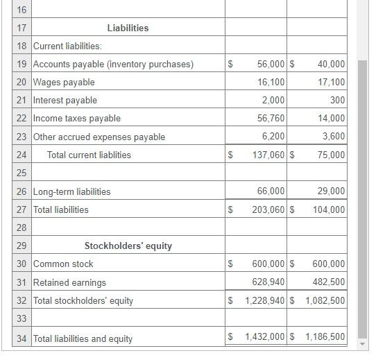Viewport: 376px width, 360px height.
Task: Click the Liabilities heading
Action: coord(128,28)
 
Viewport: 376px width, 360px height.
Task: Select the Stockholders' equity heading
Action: coord(128,246)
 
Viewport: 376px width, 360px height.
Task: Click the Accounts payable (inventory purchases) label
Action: coord(113,64)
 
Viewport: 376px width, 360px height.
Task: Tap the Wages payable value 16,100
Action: coord(271,82)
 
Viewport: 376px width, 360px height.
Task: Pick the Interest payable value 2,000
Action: coord(273,100)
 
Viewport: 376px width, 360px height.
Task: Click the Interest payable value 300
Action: coord(338,100)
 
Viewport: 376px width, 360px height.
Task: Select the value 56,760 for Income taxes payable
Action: coord(271,118)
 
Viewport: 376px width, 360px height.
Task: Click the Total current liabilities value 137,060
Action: coord(268,155)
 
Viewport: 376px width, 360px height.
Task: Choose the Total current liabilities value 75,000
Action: coord(331,155)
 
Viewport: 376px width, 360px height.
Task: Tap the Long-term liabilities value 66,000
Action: coord(271,191)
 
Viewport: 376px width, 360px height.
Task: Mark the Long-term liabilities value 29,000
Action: coord(331,191)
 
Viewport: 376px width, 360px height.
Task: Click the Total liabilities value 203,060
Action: coord(268,209)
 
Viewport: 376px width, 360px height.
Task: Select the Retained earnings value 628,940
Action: coord(268,282)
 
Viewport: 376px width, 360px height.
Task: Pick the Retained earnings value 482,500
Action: coord(329,282)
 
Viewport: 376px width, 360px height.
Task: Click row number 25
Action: coord(21,173)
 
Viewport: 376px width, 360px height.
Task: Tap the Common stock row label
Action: coord(63,264)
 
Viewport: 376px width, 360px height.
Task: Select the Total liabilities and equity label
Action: coord(83,338)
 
